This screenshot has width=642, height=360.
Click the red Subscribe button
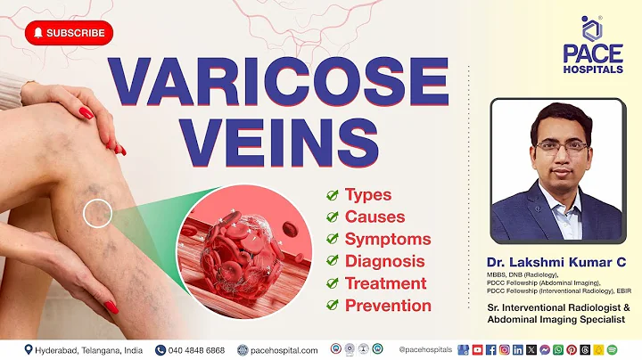[70, 33]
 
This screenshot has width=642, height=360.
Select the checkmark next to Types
[332, 195]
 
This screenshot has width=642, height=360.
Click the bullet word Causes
[374, 217]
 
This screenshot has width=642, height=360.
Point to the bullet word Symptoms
[387, 239]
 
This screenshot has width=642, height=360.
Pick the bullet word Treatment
[385, 283]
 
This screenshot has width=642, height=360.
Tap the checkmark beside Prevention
[332, 306]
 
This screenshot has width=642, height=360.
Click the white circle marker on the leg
[98, 212]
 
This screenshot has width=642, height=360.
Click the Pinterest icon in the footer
[572, 349]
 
